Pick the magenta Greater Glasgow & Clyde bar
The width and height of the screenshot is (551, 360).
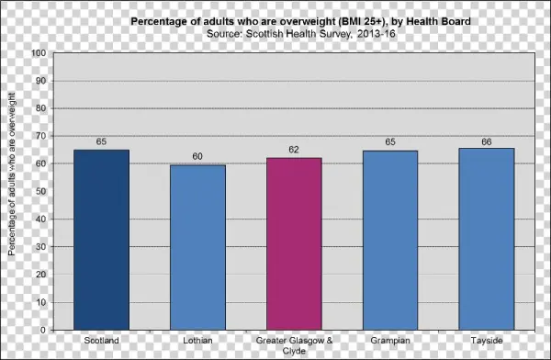(x=294, y=243)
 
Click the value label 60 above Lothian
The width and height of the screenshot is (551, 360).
(x=197, y=156)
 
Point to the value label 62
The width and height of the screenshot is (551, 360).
(x=294, y=150)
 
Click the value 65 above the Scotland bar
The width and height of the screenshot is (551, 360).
(x=101, y=142)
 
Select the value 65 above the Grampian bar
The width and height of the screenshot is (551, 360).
(x=390, y=142)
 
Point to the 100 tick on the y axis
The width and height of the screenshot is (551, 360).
(x=39, y=53)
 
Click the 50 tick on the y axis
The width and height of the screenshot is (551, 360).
(x=41, y=191)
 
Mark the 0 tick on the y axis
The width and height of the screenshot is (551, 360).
(x=44, y=330)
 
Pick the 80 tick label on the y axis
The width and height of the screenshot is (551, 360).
(x=41, y=108)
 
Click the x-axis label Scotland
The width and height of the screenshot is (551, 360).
(x=101, y=341)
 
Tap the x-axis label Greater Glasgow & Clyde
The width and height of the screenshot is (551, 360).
(x=294, y=345)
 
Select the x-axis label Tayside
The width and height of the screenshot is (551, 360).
(x=487, y=341)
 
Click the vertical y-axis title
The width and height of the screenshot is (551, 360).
(x=12, y=191)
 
